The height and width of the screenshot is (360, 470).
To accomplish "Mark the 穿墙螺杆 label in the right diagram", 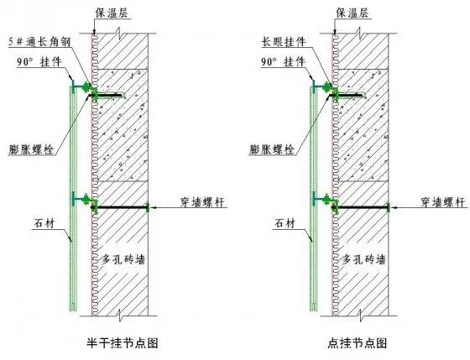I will pyautogui.click(x=440, y=202).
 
